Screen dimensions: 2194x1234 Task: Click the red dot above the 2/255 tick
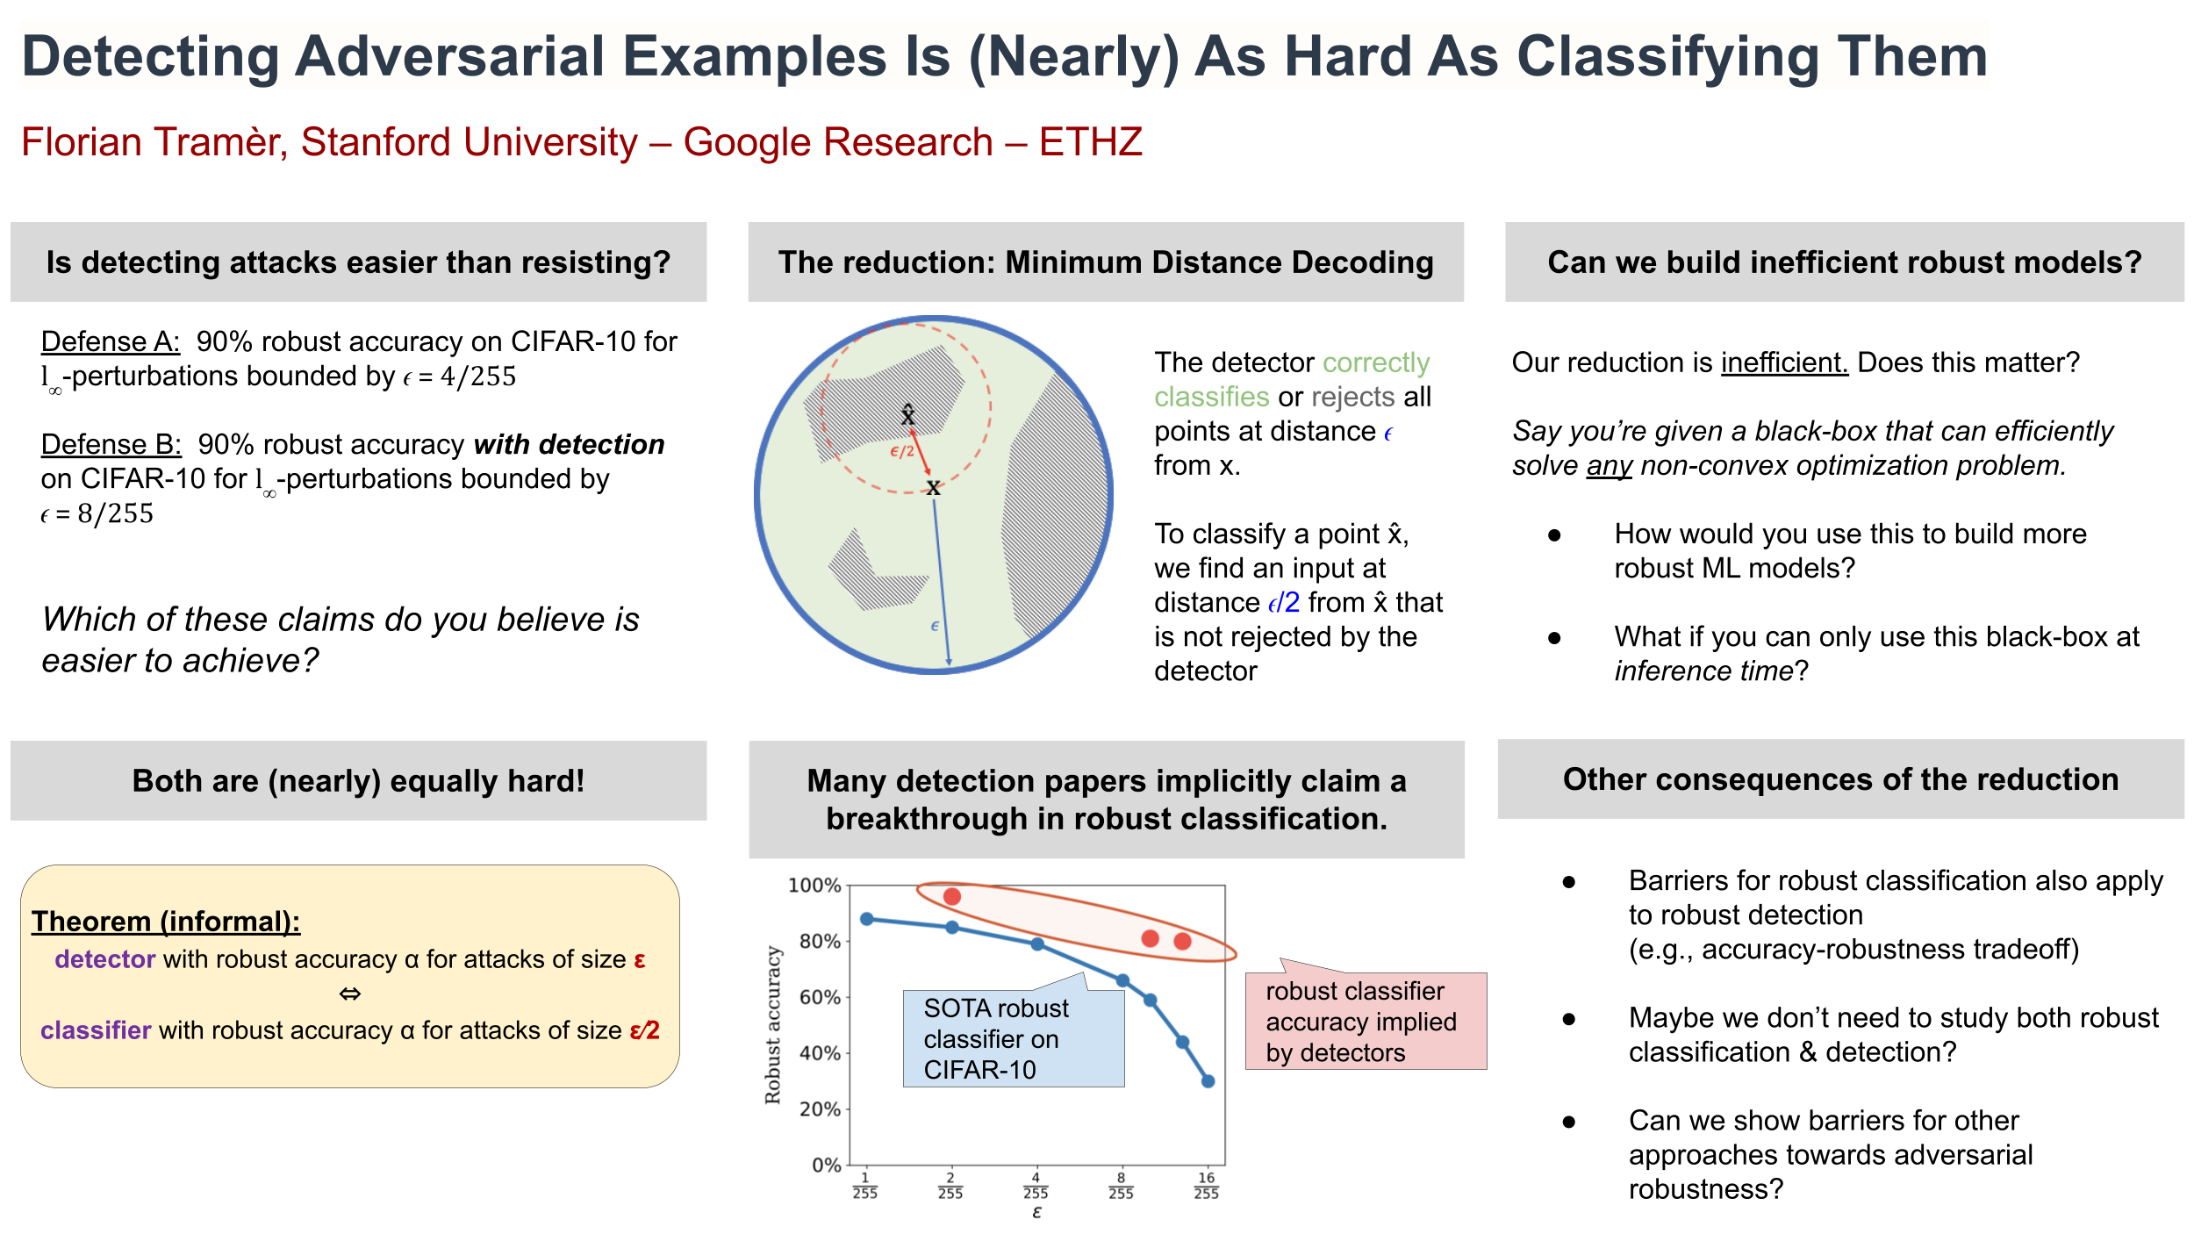tap(951, 896)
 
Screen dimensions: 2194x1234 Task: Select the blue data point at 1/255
tap(867, 919)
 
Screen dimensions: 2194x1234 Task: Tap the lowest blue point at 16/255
tap(1208, 1081)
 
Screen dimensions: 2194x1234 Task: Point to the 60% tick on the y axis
tap(820, 997)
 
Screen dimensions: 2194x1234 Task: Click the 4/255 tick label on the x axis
tap(1036, 1185)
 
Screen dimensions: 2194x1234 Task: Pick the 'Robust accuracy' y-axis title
tap(772, 1024)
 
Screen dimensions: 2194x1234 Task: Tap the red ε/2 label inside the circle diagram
tap(902, 451)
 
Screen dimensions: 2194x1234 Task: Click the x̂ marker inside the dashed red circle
tap(908, 414)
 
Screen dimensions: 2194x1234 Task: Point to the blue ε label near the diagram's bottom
tap(935, 626)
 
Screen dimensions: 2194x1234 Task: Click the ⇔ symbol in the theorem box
tap(350, 994)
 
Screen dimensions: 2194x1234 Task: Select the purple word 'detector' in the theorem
tap(104, 959)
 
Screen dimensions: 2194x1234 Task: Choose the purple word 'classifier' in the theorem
tap(96, 1030)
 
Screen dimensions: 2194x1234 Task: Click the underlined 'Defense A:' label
tap(111, 341)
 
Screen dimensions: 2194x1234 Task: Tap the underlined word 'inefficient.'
tap(1784, 362)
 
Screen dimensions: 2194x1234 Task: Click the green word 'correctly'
tap(1376, 363)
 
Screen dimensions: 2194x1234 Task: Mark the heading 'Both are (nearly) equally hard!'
tap(358, 780)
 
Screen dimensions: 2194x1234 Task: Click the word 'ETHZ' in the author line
tap(1091, 142)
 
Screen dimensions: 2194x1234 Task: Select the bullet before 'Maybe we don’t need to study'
tap(1569, 1018)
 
